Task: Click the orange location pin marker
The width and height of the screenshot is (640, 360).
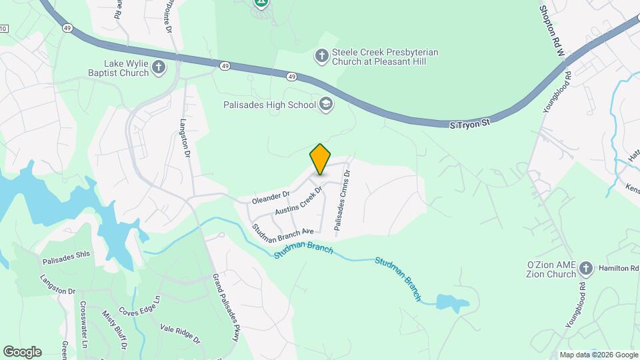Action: [320, 159]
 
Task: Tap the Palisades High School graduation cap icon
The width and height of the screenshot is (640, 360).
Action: [326, 104]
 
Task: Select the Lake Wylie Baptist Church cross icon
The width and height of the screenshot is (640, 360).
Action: [159, 66]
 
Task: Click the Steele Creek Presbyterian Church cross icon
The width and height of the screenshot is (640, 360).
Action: [321, 55]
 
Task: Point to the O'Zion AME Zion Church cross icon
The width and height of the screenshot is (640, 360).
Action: [586, 268]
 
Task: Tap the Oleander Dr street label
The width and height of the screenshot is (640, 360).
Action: [271, 197]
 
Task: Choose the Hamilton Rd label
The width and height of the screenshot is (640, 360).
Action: [619, 267]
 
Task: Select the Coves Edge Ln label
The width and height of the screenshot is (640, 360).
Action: [141, 307]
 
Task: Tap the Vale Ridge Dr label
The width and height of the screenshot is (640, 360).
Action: [180, 333]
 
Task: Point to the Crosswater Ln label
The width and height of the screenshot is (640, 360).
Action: [83, 325]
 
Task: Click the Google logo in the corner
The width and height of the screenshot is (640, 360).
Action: [21, 351]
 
